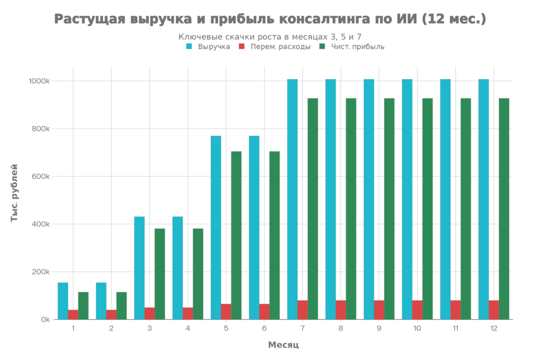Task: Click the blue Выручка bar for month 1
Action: [x=63, y=300]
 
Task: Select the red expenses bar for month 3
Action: [x=150, y=313]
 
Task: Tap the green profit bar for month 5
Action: [x=236, y=235]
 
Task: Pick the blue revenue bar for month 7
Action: [x=293, y=199]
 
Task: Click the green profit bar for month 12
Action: [x=504, y=208]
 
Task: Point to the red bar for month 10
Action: [x=418, y=309]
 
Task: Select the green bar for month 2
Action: [x=121, y=305]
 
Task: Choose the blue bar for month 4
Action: [x=178, y=268]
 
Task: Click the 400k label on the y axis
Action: [x=42, y=224]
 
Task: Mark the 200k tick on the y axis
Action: [x=42, y=272]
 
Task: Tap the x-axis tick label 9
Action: [x=379, y=328]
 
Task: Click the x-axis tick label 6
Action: [x=264, y=328]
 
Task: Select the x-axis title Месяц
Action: [x=283, y=345]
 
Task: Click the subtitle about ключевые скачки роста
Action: [x=269, y=36]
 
